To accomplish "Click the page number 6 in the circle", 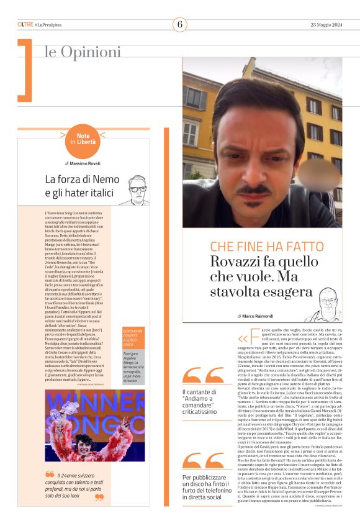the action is (180, 24).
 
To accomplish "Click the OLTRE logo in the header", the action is (25, 24).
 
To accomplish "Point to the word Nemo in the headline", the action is (106, 179).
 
